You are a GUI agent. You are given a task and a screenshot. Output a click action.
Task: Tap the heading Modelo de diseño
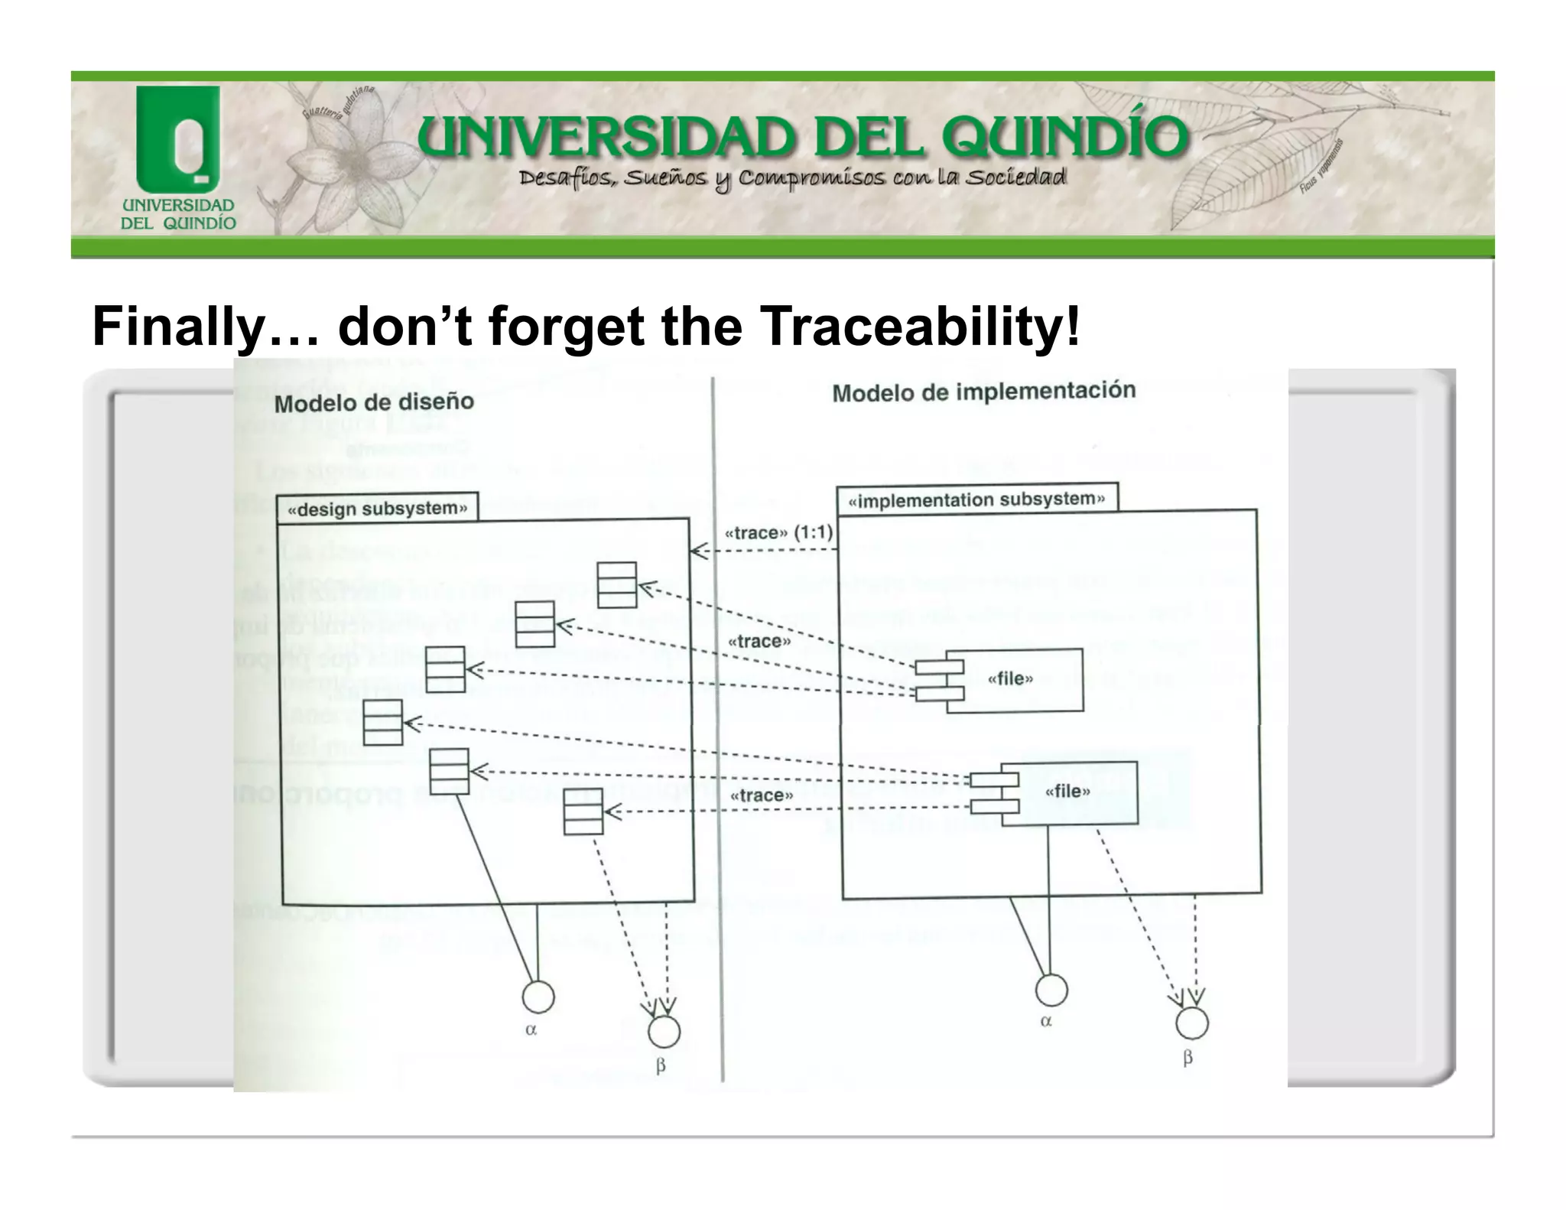point(374,402)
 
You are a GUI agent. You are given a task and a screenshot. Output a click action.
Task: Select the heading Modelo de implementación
point(983,392)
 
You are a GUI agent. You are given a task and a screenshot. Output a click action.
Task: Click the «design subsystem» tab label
point(378,509)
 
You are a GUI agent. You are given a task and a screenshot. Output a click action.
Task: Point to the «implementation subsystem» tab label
point(977,499)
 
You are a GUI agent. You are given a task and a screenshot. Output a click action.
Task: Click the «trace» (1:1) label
point(778,532)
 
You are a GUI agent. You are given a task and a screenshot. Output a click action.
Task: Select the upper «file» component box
point(1014,679)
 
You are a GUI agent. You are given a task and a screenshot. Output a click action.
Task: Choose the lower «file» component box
point(1069,792)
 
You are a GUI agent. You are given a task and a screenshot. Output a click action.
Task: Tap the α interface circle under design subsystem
point(538,997)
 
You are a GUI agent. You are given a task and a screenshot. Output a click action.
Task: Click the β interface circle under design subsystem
point(664,1032)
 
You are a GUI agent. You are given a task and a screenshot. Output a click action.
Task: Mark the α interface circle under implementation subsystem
point(1051,990)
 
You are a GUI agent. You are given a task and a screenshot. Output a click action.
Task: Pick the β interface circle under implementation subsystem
point(1191,1023)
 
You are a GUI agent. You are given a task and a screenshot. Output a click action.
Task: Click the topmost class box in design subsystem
point(616,584)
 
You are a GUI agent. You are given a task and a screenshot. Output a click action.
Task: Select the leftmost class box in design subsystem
point(382,722)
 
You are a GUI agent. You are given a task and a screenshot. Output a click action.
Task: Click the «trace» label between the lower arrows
point(762,795)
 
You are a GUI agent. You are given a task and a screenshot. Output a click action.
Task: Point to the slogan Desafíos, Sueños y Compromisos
point(791,178)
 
